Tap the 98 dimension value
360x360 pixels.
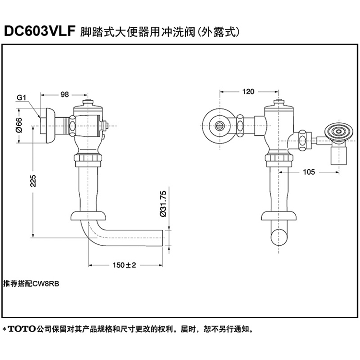(x=64, y=95)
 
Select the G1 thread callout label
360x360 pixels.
(x=21, y=98)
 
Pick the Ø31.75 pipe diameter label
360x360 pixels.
(x=163, y=204)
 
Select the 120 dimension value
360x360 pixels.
(x=248, y=92)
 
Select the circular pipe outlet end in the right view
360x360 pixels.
(x=281, y=236)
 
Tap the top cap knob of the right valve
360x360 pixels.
(x=277, y=103)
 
